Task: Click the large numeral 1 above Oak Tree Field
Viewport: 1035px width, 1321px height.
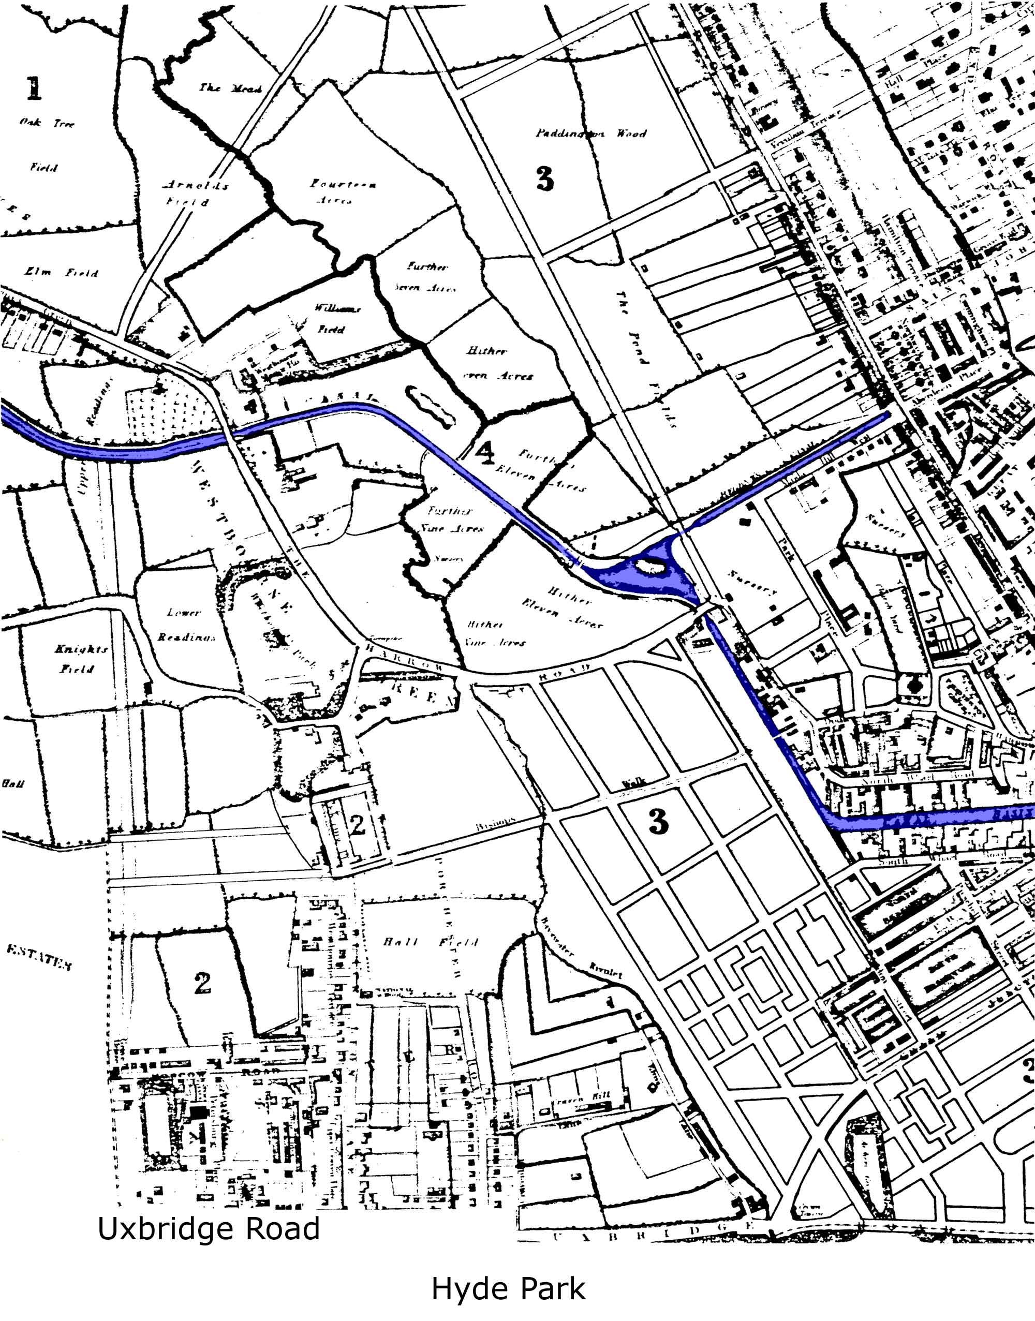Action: point(34,88)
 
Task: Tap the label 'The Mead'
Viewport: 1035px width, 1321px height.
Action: point(230,88)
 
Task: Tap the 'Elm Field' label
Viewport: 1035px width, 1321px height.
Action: point(61,273)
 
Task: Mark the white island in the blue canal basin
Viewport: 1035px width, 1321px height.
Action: point(648,566)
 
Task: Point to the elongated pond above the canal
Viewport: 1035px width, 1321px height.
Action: point(431,405)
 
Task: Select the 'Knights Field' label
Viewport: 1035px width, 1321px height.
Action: point(81,659)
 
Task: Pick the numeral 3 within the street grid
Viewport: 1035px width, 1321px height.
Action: point(658,821)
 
